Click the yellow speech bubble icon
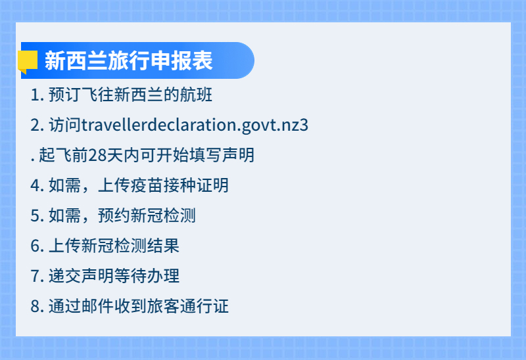click(28, 61)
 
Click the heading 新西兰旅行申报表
click(129, 61)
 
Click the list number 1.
click(36, 95)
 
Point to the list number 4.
click(36, 186)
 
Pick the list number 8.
click(36, 307)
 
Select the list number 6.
click(36, 246)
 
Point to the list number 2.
click(36, 125)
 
